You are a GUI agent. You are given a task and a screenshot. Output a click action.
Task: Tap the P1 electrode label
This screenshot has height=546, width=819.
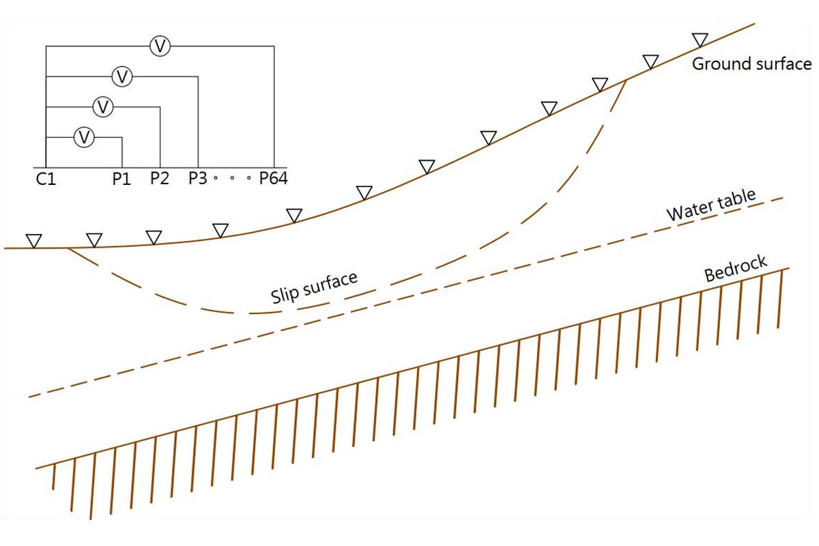pos(121,179)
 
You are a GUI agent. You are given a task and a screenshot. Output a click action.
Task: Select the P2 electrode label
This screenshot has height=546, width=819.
pos(160,178)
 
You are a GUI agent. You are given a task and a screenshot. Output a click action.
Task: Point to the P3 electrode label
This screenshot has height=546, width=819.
pos(198,178)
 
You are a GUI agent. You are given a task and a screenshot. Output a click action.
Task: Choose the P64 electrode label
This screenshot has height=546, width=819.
pos(274,178)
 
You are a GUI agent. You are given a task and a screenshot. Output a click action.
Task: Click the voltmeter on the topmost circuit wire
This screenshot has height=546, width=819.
pos(160,46)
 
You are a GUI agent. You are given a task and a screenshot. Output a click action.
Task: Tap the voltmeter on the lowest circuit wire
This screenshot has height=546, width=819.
pos(84,137)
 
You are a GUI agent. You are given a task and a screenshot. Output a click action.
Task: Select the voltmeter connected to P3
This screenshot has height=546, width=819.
pos(122,77)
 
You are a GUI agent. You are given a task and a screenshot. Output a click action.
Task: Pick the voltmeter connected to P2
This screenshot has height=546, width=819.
pos(103,107)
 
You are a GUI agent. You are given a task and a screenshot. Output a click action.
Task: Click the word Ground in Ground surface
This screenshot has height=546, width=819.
pos(719,64)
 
